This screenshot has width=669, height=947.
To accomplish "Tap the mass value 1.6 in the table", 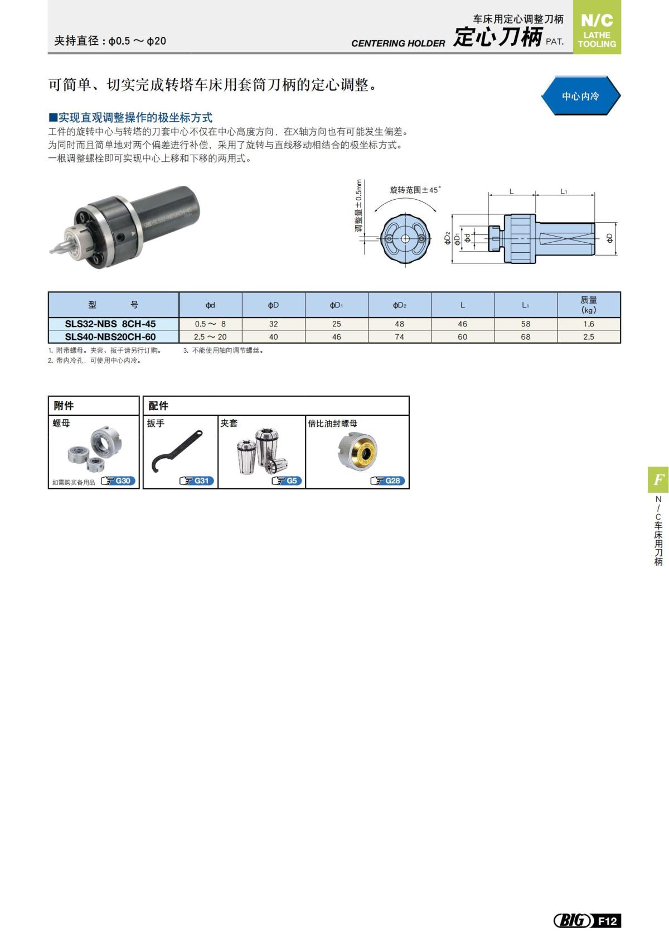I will click(589, 324).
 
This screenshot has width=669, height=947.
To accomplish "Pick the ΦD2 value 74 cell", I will click(399, 337).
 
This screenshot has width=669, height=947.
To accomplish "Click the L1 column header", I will click(525, 305).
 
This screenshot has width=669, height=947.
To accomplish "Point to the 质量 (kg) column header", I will click(589, 305).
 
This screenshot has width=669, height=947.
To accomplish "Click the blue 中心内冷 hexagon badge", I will click(580, 96).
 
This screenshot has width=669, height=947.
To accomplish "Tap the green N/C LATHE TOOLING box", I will click(597, 28).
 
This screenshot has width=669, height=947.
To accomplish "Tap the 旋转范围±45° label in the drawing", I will click(415, 190).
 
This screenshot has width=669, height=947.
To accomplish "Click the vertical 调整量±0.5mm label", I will click(359, 205).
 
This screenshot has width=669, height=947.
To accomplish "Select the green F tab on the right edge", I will click(658, 479).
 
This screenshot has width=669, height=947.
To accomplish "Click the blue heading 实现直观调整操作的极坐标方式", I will click(131, 118).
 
